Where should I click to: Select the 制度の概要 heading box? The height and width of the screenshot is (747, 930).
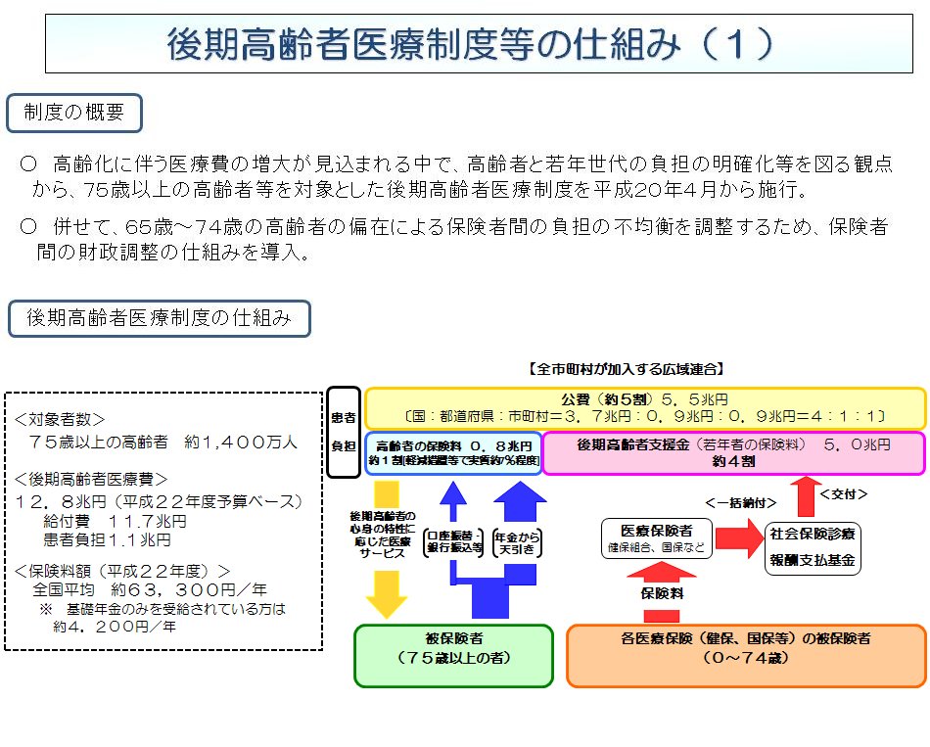[x=74, y=113]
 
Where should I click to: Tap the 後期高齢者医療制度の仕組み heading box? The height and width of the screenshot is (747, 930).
[x=159, y=318]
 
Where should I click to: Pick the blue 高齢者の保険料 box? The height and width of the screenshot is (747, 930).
[x=452, y=452]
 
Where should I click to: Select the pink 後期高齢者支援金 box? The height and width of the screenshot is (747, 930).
[x=733, y=452]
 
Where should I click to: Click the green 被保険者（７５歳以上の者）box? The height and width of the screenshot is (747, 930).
[x=453, y=655]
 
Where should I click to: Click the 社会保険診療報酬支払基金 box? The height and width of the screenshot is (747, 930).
[x=813, y=548]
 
